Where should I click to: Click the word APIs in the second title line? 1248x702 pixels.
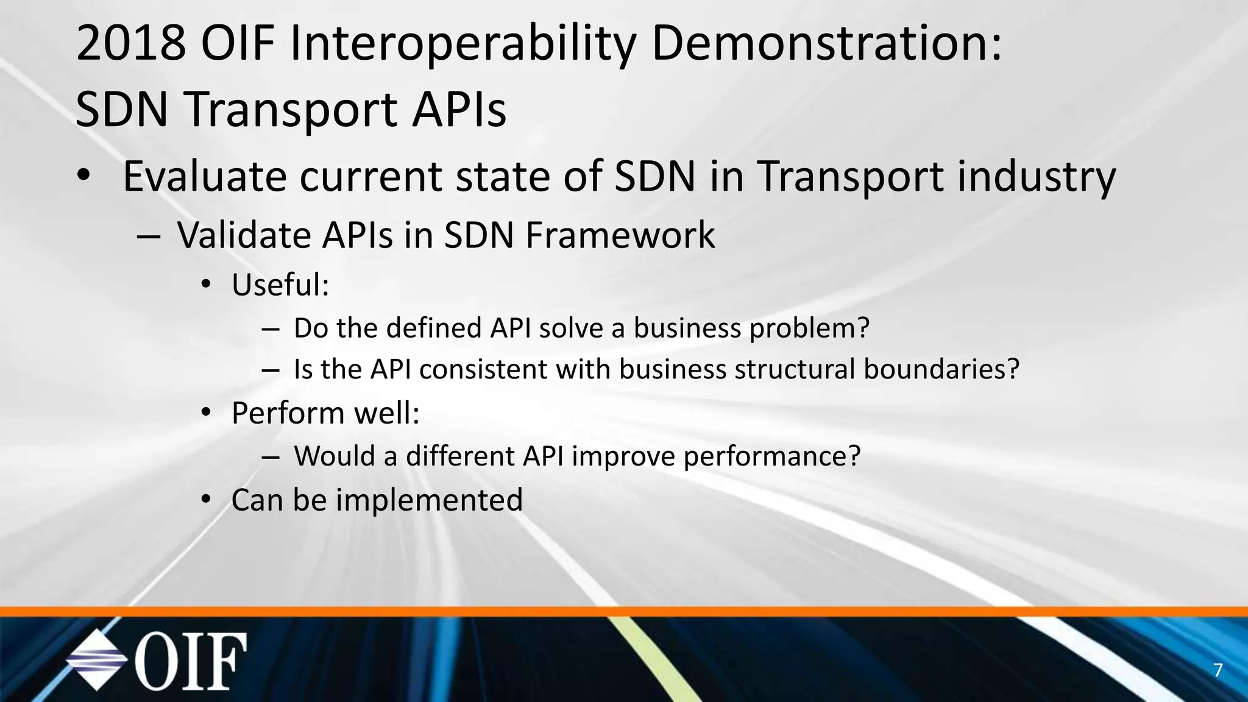coord(458,110)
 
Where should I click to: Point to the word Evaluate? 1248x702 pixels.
coord(204,176)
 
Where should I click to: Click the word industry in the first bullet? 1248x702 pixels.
coord(1036,177)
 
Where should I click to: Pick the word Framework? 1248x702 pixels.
coord(620,235)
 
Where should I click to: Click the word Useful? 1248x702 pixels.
coord(279,285)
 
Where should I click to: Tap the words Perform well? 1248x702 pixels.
coord(325,413)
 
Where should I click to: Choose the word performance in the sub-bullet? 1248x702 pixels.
coord(771,456)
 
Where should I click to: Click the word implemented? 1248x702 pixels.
coord(429,500)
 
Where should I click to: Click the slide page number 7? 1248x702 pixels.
coord(1218,670)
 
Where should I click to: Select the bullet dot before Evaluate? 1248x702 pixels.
coord(83,176)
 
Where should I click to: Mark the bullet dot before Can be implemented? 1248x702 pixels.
coord(206,500)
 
